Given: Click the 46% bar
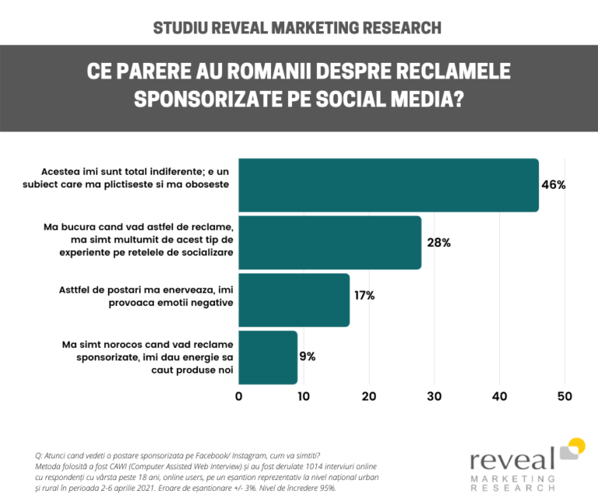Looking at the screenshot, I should coord(388,185).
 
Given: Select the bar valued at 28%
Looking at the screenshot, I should coord(329,243).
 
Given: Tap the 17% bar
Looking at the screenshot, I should coord(294,300).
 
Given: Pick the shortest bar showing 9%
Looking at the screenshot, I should coord(268,357).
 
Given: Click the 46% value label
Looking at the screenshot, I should coord(553,185).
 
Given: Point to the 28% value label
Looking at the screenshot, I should coord(438,243).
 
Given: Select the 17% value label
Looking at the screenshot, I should coord(364,296).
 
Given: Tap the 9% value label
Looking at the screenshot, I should coord(307,357).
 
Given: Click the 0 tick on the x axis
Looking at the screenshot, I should coord(238,396).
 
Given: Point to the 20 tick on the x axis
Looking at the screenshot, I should coord(369,396).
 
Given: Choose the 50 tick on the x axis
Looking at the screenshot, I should coord(565,396).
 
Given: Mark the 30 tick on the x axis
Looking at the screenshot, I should coord(434,396).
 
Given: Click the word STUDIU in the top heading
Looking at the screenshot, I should coord(180,28).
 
